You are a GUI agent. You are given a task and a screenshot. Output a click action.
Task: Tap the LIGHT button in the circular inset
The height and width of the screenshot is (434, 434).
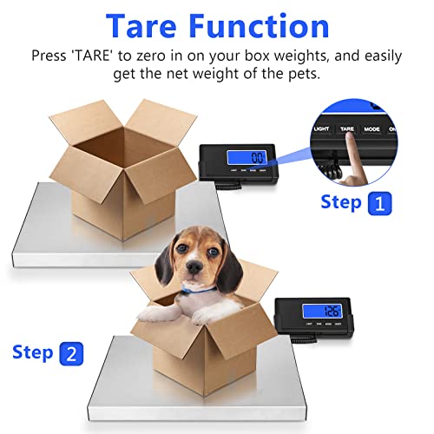click(x=321, y=128)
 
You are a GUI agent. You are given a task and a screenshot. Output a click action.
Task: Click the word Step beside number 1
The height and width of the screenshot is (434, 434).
click(x=342, y=203)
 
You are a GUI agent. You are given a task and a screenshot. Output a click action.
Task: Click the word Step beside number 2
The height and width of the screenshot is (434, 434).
click(x=33, y=352)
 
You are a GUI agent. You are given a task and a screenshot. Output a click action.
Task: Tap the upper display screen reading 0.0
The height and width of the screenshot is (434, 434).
click(x=257, y=158)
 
